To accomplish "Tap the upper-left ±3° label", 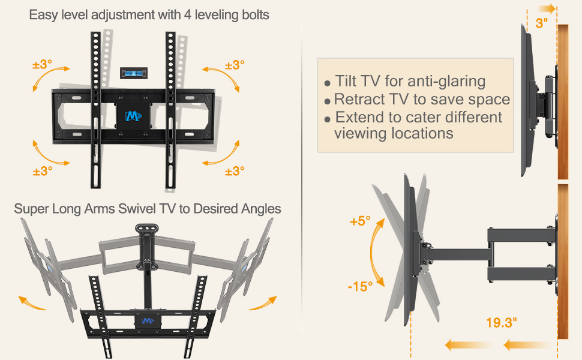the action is coord(42,65).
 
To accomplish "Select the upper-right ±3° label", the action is coord(234,65).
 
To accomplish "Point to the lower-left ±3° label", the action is coord(42,170).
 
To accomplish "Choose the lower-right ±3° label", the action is coord(234,171).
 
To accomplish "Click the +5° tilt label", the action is coord(360,221).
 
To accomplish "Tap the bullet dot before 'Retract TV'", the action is coord(328,101).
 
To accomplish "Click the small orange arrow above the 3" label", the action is coord(545,8).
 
